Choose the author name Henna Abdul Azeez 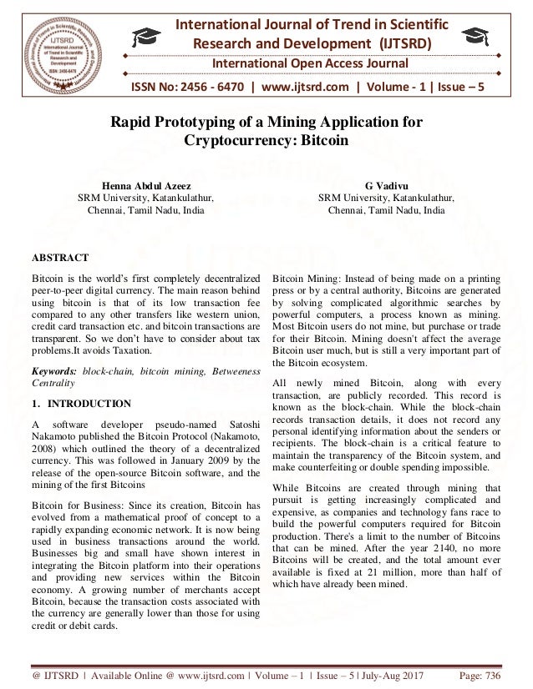(x=146, y=185)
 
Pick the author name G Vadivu (x=386, y=185)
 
